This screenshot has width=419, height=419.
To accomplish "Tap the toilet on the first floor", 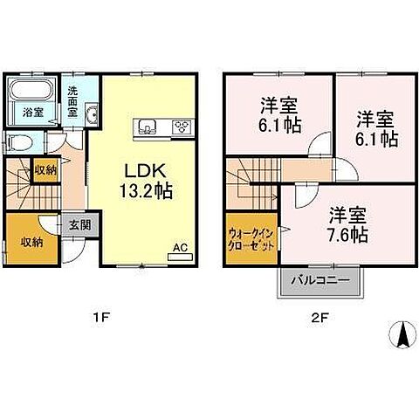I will pyautogui.click(x=19, y=142).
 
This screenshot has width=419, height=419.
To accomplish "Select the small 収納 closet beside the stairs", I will pyautogui.click(x=45, y=170).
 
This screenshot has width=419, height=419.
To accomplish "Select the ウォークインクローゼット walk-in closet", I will pyautogui.click(x=251, y=238).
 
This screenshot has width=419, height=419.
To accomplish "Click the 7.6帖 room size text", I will pyautogui.click(x=347, y=234).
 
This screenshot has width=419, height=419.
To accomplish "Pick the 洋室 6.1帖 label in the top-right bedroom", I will pyautogui.click(x=376, y=128).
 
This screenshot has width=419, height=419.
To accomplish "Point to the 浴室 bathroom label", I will pyautogui.click(x=32, y=113).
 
